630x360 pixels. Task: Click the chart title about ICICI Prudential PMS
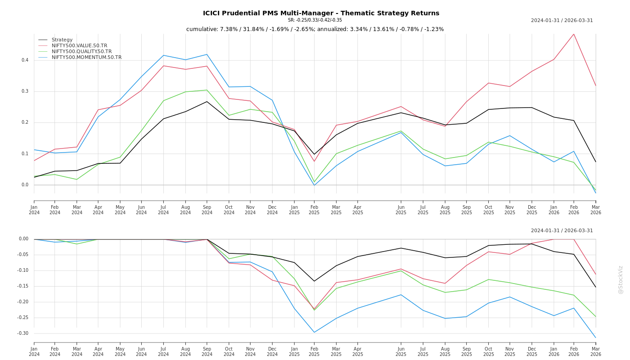pyautogui.click(x=321, y=13)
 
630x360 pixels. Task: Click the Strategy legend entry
pyautogui.click(x=62, y=40)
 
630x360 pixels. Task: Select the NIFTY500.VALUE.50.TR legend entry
pyautogui.click(x=79, y=45)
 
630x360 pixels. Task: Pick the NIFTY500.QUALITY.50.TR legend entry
pyautogui.click(x=81, y=51)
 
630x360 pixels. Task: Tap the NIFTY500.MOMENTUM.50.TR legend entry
pyautogui.click(x=86, y=57)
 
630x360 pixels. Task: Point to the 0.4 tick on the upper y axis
pyautogui.click(x=25, y=60)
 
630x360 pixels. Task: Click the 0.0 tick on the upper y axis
pyautogui.click(x=25, y=185)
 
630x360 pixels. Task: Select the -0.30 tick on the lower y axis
pyautogui.click(x=22, y=333)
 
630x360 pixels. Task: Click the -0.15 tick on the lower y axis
pyautogui.click(x=22, y=286)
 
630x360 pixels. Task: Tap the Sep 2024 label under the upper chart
pyautogui.click(x=207, y=210)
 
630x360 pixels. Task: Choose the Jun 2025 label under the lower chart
pyautogui.click(x=401, y=351)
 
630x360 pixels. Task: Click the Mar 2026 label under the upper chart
pyautogui.click(x=595, y=210)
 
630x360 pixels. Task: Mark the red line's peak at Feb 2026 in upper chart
pyautogui.click(x=574, y=34)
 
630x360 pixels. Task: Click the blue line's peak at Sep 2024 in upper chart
pyautogui.click(x=207, y=54)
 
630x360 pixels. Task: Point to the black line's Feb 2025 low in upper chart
pyautogui.click(x=314, y=154)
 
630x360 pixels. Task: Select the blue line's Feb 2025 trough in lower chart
pyautogui.click(x=314, y=332)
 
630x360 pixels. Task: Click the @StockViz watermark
pyautogui.click(x=621, y=280)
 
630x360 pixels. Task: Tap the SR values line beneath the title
pyautogui.click(x=315, y=20)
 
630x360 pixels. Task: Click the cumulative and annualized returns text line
pyautogui.click(x=315, y=29)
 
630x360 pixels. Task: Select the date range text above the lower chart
pyautogui.click(x=562, y=231)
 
